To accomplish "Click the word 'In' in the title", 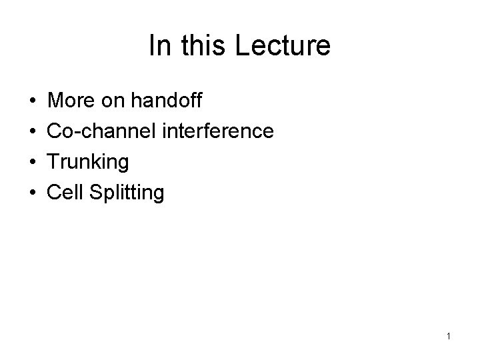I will [x=159, y=46].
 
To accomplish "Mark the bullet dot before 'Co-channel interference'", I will [x=33, y=132].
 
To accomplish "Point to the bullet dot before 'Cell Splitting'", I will [x=33, y=193].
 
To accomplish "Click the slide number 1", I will [x=449, y=337].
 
